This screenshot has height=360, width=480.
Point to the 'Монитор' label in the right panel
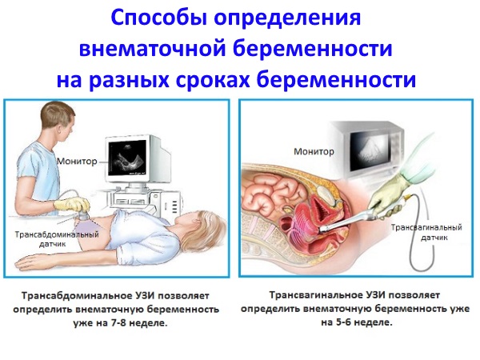[x=314, y=150]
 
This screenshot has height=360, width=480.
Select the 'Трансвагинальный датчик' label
[x=424, y=233]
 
